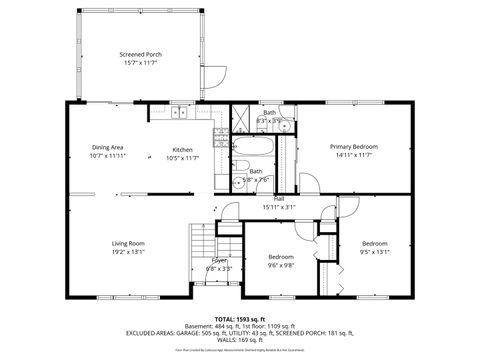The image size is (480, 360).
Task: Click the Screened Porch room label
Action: click(x=140, y=54)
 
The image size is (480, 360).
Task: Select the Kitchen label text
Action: click(x=182, y=149)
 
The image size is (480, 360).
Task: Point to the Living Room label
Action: click(x=128, y=243)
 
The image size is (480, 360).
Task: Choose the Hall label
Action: click(x=280, y=199)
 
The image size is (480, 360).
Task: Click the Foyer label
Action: click(x=219, y=260)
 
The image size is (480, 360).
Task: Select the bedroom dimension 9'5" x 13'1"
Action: click(x=374, y=252)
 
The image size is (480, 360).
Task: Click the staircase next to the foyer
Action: click(x=204, y=244)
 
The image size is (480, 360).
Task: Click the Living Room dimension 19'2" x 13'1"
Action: click(x=128, y=252)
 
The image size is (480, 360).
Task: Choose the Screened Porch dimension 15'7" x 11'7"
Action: click(x=140, y=63)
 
